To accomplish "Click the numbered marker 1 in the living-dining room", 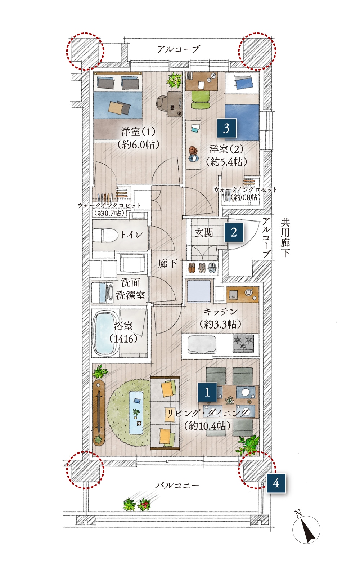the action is point(207,392).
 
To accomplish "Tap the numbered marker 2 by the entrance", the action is point(234,232).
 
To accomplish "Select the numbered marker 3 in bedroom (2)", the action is point(226,128).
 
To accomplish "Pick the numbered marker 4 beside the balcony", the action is point(276,483).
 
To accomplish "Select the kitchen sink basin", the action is point(202,344).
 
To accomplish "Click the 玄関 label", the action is point(204,232).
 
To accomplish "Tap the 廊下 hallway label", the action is point(167,264).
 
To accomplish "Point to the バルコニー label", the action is point(177,485).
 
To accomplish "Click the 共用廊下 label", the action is point(285,238).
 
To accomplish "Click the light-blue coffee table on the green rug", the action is point(136,412).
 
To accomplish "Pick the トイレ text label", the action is point(131,235).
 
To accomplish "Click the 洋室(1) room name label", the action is point(138,132).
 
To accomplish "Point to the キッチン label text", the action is point(220,311).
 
